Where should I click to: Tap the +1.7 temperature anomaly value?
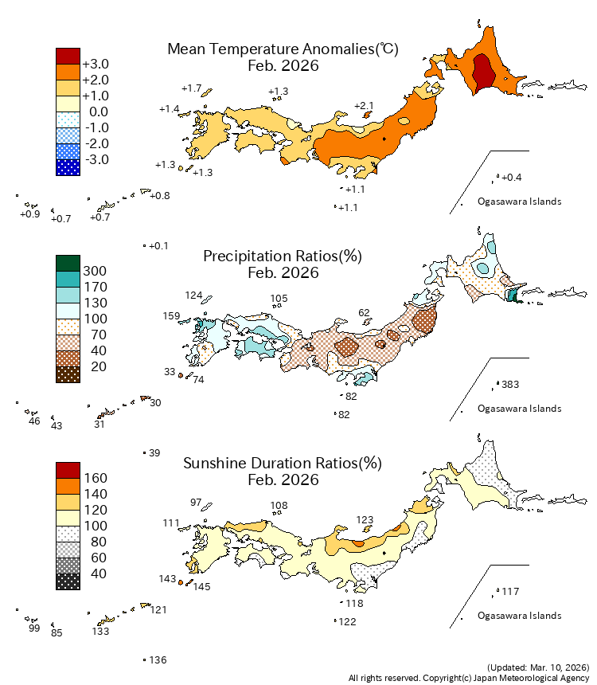(x=192, y=88)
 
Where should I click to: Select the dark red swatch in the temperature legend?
(x=68, y=56)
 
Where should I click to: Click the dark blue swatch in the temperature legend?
(x=68, y=167)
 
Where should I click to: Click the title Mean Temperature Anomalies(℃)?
(x=283, y=49)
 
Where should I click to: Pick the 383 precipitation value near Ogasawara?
(x=510, y=385)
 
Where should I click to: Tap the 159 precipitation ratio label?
(x=172, y=316)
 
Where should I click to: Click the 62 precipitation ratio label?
(x=365, y=313)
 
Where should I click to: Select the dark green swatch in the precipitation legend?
(x=68, y=263)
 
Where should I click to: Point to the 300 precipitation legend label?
(x=95, y=271)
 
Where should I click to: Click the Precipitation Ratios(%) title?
(x=283, y=256)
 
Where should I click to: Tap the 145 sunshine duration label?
(x=202, y=587)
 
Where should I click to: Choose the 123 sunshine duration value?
(x=365, y=520)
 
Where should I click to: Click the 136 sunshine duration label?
(x=158, y=660)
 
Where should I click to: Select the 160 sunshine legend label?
(x=95, y=478)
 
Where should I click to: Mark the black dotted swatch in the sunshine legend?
(x=68, y=581)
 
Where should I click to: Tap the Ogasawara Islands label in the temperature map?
(x=520, y=202)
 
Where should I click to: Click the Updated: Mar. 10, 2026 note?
(x=537, y=667)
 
